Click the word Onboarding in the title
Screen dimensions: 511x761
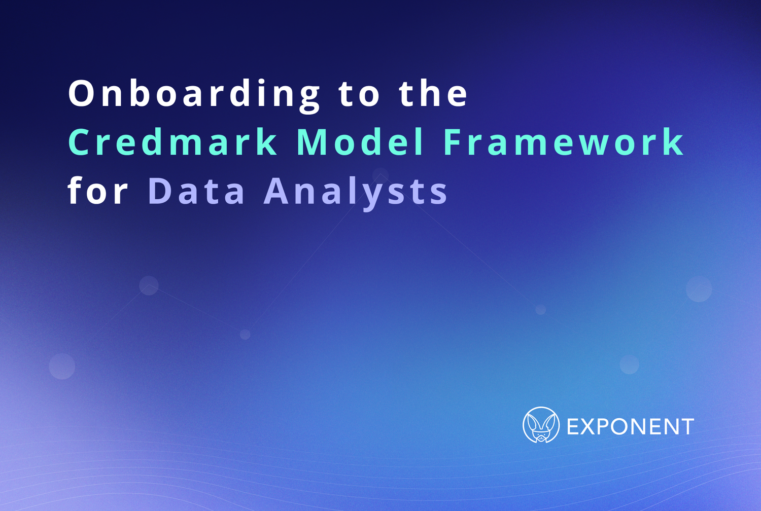pos(194,94)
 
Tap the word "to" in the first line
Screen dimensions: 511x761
pos(359,94)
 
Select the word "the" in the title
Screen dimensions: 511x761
pos(433,94)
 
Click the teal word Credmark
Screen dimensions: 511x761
pos(173,142)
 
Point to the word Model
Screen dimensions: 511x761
pos(360,142)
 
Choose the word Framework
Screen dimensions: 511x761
pos(564,142)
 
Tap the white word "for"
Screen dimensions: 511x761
pos(98,192)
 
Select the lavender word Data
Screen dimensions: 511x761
pos(197,192)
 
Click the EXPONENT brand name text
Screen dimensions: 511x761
pos(630,427)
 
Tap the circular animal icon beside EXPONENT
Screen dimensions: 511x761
pos(541,425)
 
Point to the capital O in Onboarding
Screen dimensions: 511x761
pos(82,94)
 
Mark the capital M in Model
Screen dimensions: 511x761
pos(310,142)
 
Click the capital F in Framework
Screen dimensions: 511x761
pos(453,142)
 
